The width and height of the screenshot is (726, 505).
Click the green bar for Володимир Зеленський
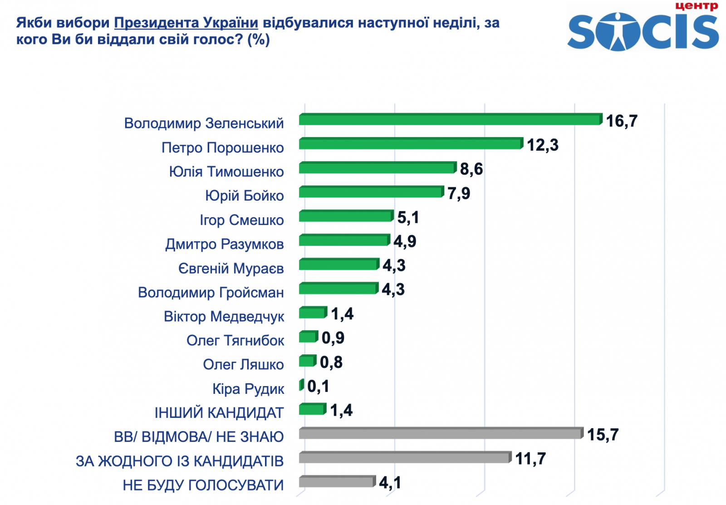[x=449, y=120]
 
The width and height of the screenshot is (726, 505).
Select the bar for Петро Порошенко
[x=411, y=144]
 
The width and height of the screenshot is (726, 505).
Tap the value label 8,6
[x=471, y=169]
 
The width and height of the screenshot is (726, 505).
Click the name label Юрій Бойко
[x=244, y=196]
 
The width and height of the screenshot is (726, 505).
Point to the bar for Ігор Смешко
[x=346, y=216]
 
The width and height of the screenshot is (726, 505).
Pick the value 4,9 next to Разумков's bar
[x=405, y=241]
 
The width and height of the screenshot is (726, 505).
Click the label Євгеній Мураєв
[x=231, y=268]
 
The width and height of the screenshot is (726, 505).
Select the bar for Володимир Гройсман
[x=338, y=289]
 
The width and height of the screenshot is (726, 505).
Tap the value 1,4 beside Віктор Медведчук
[x=342, y=314]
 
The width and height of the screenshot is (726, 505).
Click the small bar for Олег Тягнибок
[x=308, y=337]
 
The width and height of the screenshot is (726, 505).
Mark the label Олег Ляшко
[x=243, y=364]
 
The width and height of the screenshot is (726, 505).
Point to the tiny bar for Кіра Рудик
[x=301, y=385]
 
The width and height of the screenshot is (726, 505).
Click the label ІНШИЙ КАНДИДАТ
[x=219, y=413]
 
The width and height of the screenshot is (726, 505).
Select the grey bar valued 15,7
[x=440, y=433]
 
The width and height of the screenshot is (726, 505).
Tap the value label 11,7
[x=530, y=459]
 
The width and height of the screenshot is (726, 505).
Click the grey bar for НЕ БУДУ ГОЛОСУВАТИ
[x=337, y=482]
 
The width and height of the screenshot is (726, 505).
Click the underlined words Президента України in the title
[x=186, y=23]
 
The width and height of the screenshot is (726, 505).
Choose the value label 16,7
[x=622, y=121]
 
